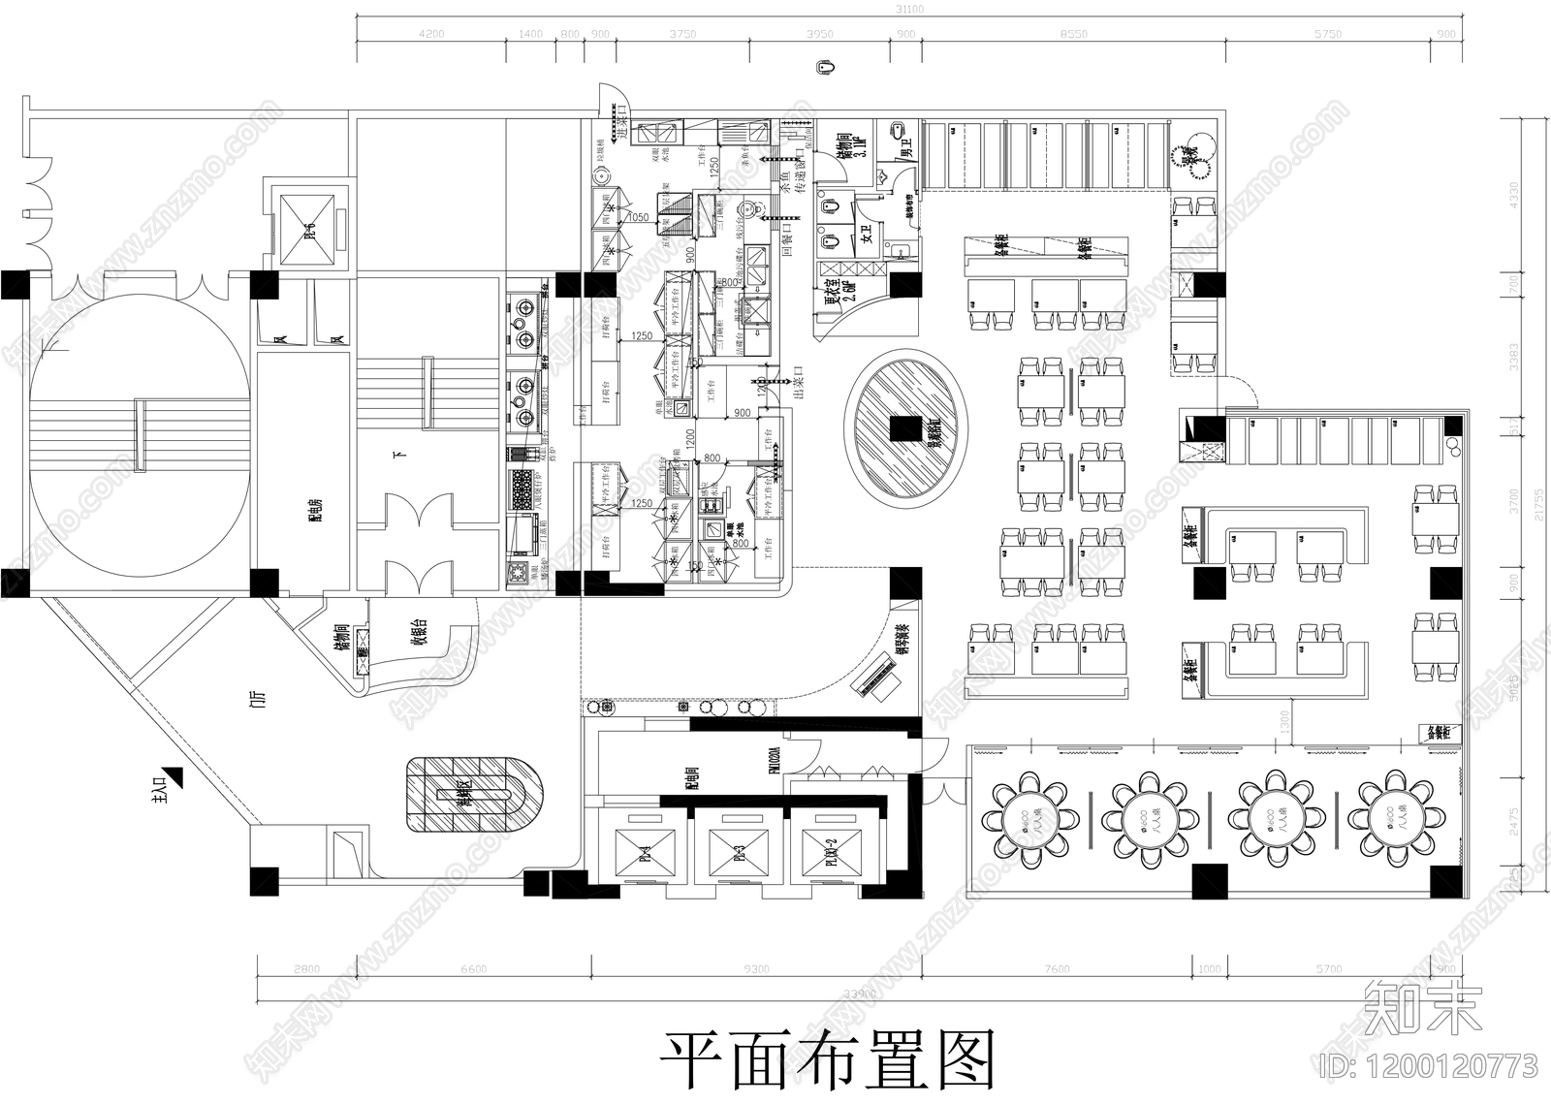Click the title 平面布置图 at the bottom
pyautogui.click(x=829, y=1057)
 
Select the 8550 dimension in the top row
pyautogui.click(x=1073, y=34)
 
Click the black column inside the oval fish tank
pyautogui.click(x=906, y=427)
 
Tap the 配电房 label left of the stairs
pyautogui.click(x=315, y=509)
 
